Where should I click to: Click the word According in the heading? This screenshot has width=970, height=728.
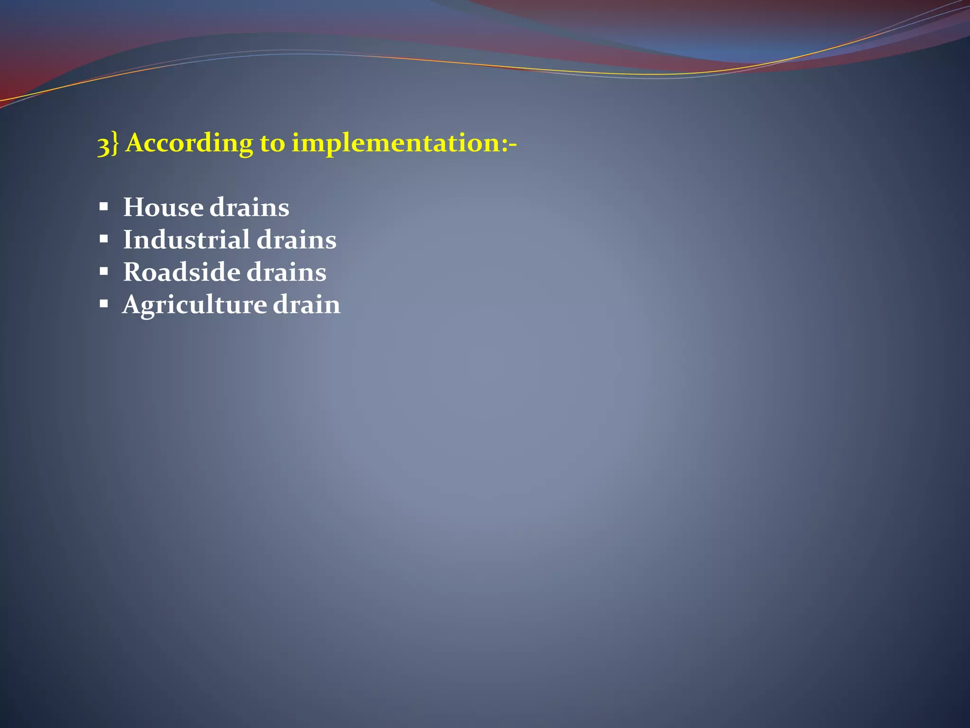pyautogui.click(x=189, y=143)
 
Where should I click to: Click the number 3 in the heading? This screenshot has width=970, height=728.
pyautogui.click(x=103, y=145)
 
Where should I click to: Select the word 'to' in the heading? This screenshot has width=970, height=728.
pyautogui.click(x=272, y=143)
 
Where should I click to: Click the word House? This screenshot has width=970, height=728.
pyautogui.click(x=163, y=208)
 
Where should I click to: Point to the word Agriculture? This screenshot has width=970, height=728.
pyautogui.click(x=194, y=305)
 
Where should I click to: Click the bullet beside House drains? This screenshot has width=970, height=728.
pyautogui.click(x=104, y=207)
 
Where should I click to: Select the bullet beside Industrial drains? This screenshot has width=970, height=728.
pyautogui.click(x=104, y=239)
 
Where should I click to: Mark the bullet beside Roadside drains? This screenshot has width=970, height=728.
pyautogui.click(x=104, y=272)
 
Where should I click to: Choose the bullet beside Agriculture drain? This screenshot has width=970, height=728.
pyautogui.click(x=104, y=304)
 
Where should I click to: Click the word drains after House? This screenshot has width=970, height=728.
pyautogui.click(x=249, y=208)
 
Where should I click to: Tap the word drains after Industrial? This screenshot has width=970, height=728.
pyautogui.click(x=296, y=240)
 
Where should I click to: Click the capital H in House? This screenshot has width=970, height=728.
pyautogui.click(x=133, y=208)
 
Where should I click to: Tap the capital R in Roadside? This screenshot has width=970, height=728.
pyautogui.click(x=133, y=273)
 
